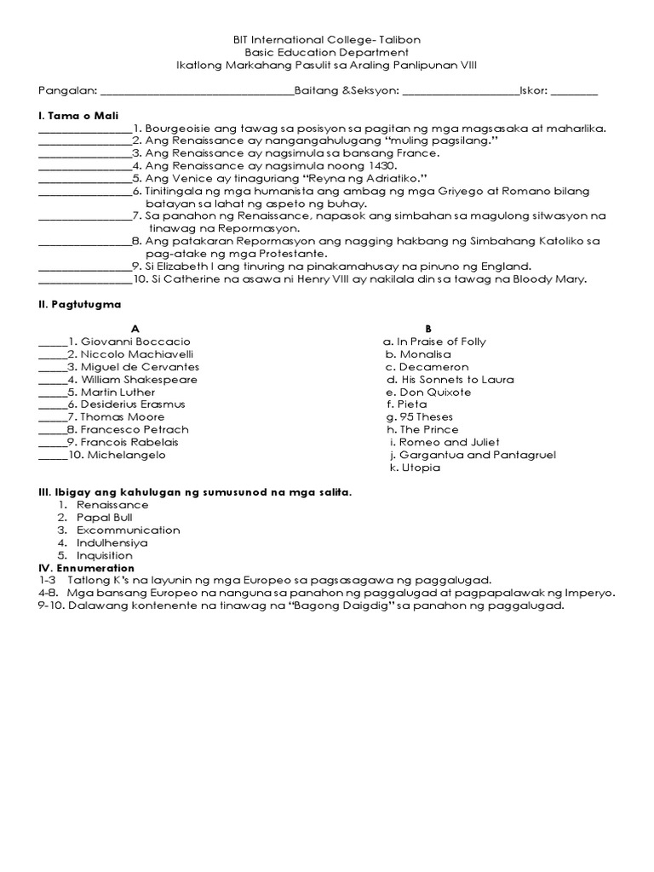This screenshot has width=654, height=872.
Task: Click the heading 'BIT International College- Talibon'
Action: [x=327, y=40]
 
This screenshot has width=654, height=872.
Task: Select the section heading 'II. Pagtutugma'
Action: [x=79, y=303]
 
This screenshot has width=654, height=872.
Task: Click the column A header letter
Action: [x=134, y=329]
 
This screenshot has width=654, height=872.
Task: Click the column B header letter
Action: [x=428, y=329]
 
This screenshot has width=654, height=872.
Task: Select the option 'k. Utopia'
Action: [x=414, y=468]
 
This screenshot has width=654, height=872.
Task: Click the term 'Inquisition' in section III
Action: [x=105, y=555]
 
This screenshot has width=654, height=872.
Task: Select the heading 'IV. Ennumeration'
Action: [x=86, y=567]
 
